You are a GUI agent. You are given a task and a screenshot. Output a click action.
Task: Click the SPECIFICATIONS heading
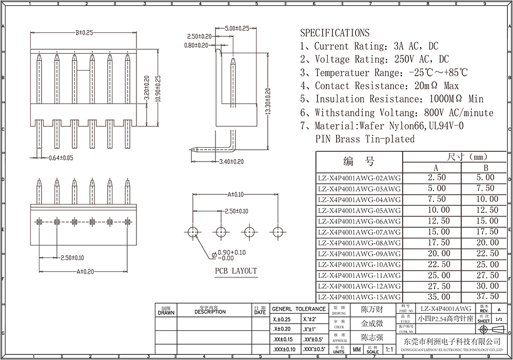[334, 33]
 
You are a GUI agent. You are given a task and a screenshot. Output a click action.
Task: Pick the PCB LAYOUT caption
[235, 271]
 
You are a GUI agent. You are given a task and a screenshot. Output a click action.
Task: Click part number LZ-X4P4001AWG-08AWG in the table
[359, 243]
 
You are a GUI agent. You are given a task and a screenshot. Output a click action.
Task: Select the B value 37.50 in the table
[487, 296]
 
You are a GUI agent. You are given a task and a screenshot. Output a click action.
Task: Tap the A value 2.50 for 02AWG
[436, 177]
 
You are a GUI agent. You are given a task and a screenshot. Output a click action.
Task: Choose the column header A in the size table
[436, 167]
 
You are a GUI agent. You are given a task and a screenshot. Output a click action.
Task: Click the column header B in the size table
[486, 167]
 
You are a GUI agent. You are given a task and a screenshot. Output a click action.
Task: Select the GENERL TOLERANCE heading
[299, 309]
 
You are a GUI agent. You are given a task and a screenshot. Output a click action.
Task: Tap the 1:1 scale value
[388, 350]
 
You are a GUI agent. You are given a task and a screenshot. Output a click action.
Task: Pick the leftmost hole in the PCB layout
[192, 232]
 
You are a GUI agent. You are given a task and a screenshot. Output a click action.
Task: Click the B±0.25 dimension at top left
[84, 33]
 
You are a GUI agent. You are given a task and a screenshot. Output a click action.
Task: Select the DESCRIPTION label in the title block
[210, 312]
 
